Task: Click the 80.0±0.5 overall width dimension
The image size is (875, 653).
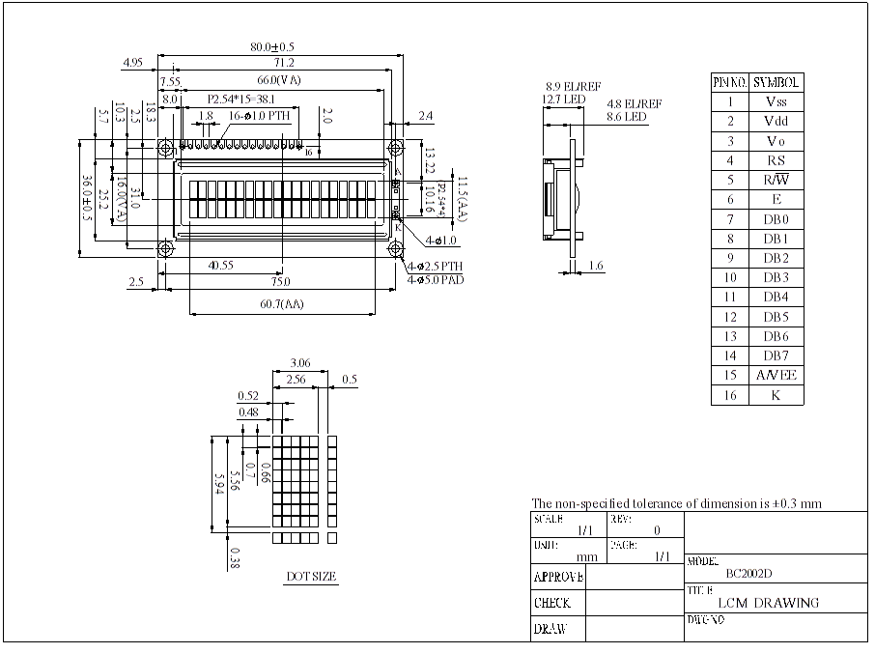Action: (272, 46)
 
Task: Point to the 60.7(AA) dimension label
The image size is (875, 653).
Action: (282, 304)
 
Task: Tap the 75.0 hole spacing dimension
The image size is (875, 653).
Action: (280, 282)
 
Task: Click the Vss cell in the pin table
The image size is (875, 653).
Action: (776, 101)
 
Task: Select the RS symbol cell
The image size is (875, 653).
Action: (776, 160)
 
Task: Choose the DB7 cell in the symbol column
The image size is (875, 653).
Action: (776, 355)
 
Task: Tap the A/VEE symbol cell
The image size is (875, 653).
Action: (776, 375)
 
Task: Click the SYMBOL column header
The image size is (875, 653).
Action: (776, 82)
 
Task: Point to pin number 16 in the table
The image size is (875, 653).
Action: (730, 395)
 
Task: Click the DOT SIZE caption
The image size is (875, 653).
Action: (311, 577)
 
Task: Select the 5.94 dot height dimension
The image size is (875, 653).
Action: (220, 481)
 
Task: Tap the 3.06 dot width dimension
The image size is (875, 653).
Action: (300, 364)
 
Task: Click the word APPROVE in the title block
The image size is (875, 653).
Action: (558, 578)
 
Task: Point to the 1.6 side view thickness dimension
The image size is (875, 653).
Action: (595, 265)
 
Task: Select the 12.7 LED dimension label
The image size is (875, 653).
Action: (564, 99)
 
